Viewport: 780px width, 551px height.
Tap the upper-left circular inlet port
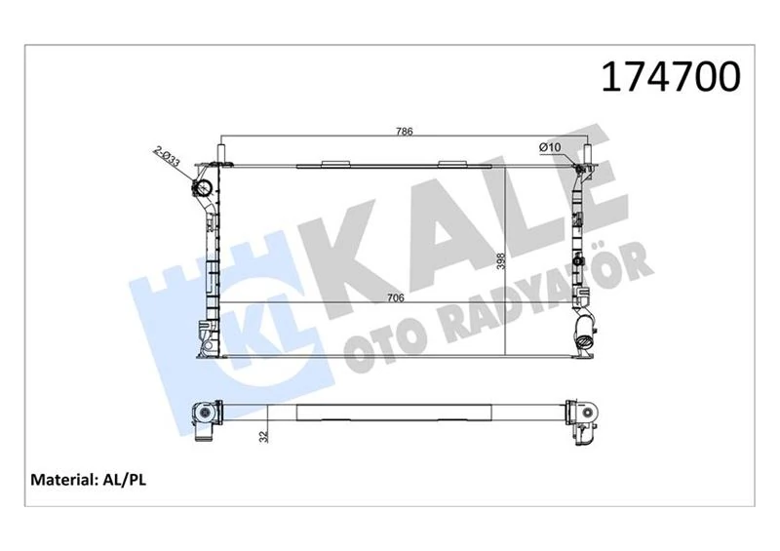coord(204,188)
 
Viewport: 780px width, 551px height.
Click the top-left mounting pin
coord(221,153)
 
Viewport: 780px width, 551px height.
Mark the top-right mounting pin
coord(588,154)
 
